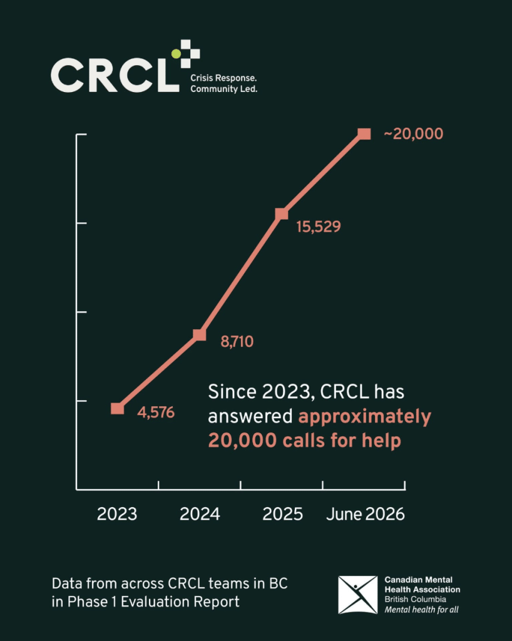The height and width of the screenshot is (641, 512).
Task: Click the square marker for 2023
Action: click(x=117, y=408)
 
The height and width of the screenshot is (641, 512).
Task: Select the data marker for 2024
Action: click(x=200, y=335)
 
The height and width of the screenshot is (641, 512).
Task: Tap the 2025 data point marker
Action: click(x=282, y=214)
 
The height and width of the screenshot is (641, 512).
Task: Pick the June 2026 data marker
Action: click(x=364, y=134)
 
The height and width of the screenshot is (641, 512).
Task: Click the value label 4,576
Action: click(x=156, y=413)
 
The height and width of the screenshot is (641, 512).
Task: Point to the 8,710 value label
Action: click(x=237, y=342)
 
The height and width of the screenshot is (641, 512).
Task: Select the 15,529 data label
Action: click(x=319, y=227)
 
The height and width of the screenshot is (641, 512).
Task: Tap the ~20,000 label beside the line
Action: click(x=414, y=134)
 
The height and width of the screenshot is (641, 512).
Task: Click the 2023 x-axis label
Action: click(x=117, y=515)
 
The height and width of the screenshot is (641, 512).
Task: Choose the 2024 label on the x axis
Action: click(x=200, y=515)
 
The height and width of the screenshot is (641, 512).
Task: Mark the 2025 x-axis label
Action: click(x=282, y=515)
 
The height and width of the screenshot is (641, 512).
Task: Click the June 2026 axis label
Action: click(x=366, y=515)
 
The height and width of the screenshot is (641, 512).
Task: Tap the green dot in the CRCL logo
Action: click(x=176, y=54)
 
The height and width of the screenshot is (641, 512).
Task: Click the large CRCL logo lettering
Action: click(x=115, y=75)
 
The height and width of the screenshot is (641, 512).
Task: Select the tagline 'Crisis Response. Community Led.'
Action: click(x=223, y=83)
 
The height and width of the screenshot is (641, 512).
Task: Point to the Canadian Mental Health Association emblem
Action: click(x=357, y=595)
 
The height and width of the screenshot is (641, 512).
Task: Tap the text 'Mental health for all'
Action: click(x=421, y=610)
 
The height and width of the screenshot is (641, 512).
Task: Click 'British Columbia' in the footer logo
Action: click(x=415, y=599)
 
